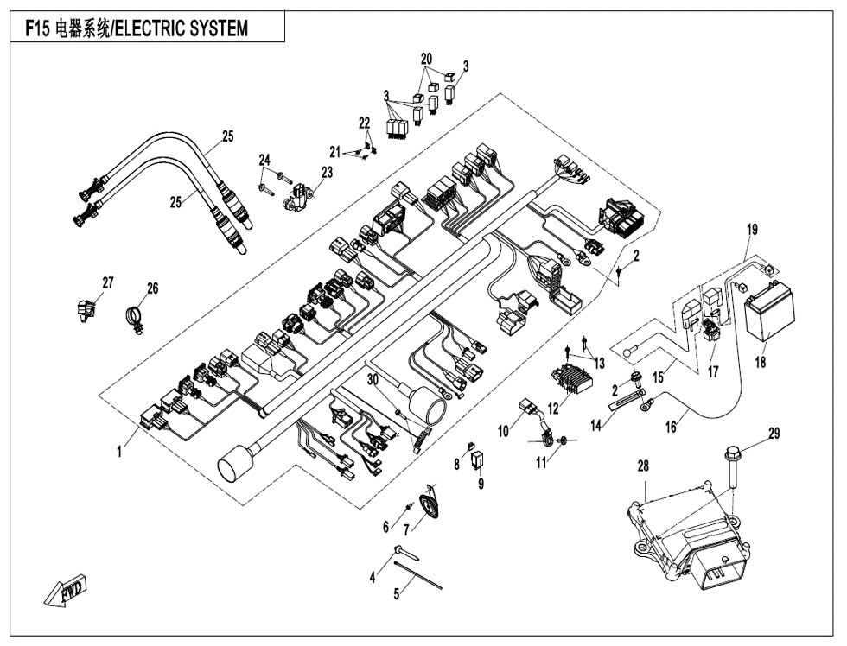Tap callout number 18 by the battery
point(760,364)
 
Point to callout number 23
point(326,173)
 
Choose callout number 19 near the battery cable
point(752,231)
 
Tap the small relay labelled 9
point(478,459)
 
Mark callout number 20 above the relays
point(425,59)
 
